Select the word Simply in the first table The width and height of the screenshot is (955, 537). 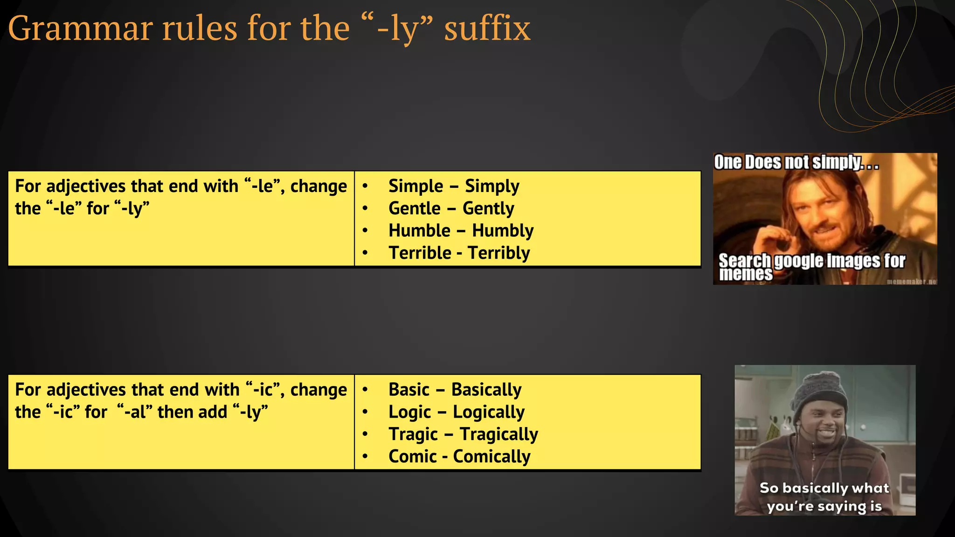pos(491,186)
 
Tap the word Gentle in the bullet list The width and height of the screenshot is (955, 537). pos(414,208)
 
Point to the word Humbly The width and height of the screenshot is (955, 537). pos(503,231)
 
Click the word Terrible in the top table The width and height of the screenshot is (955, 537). pos(420,253)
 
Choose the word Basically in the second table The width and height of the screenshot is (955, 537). pos(486,390)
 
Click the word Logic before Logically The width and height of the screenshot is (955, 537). pos(409,412)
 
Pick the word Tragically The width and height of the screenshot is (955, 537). pos(498,434)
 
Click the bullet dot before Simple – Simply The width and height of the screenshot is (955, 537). pos(365,186)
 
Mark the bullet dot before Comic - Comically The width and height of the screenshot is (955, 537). pos(365,456)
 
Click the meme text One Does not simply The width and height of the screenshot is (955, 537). pos(796,163)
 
